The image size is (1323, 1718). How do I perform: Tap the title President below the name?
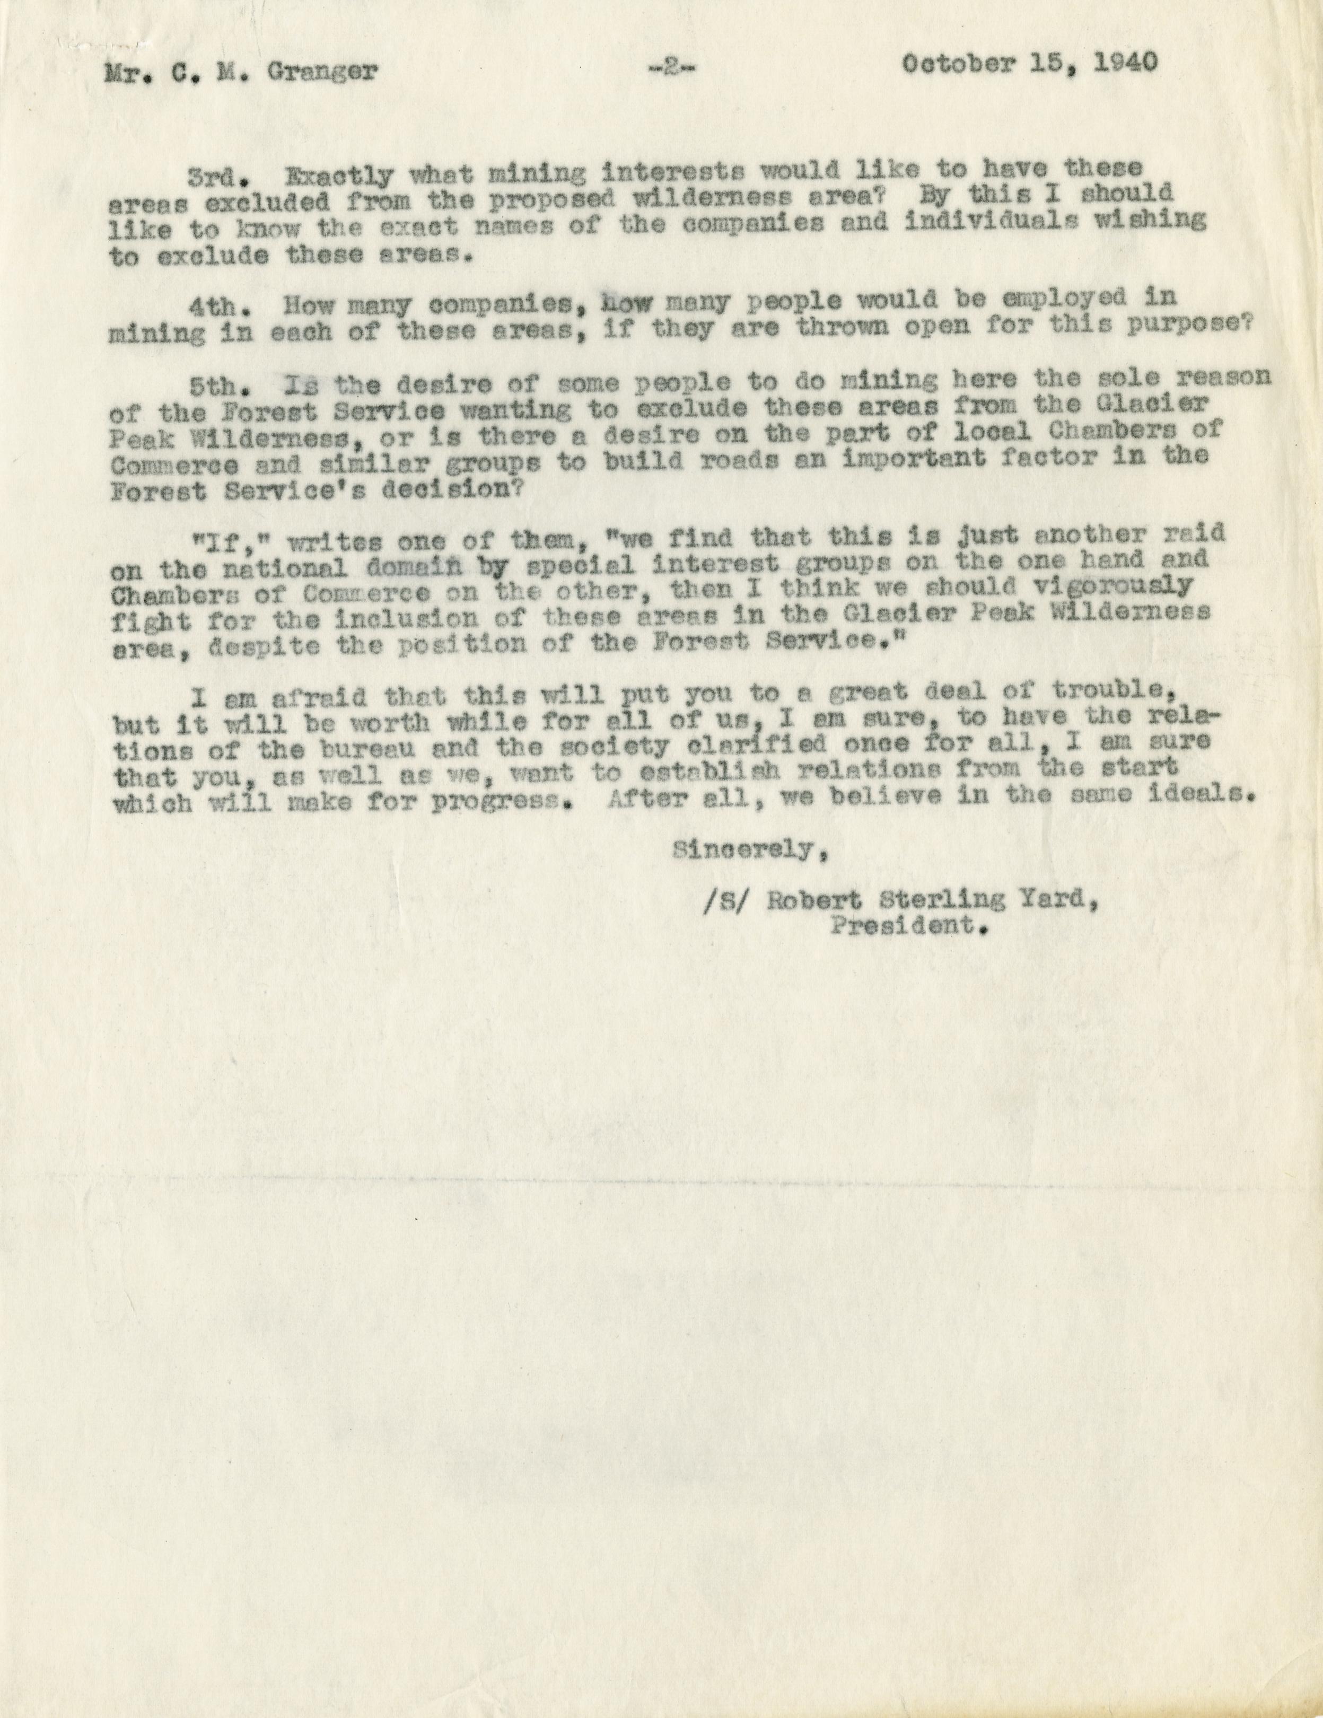[908, 927]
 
